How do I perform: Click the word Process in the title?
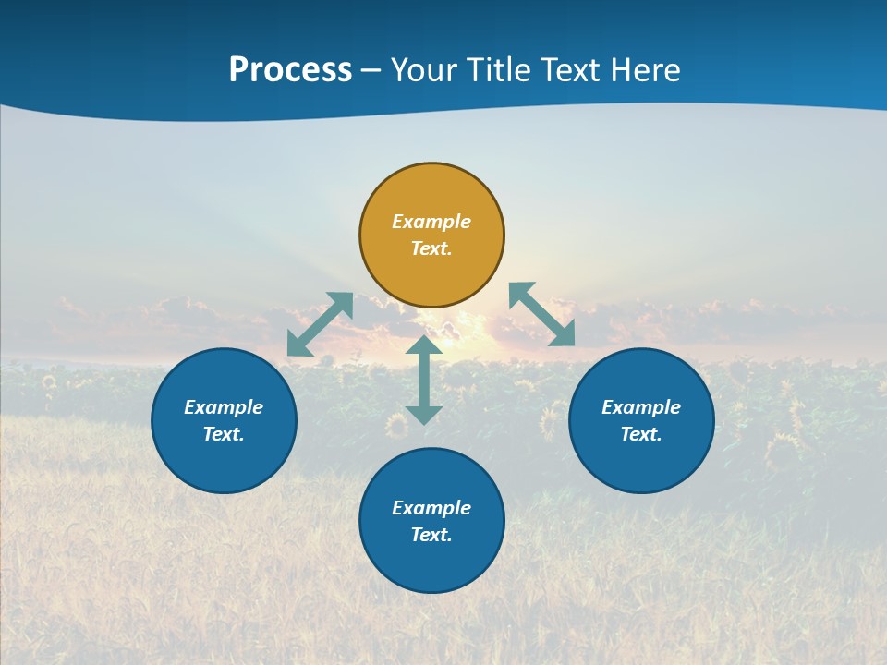(x=290, y=70)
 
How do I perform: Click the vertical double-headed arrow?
(x=424, y=381)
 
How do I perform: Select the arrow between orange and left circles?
(x=320, y=324)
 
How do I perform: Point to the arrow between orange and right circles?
(x=542, y=314)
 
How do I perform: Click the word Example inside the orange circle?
(x=431, y=222)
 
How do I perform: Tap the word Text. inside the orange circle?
(x=431, y=248)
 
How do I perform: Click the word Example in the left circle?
(x=224, y=407)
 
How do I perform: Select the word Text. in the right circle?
(x=641, y=434)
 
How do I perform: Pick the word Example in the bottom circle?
(x=431, y=508)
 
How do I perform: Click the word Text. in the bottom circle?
(x=431, y=535)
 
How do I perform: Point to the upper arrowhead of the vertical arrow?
(x=424, y=345)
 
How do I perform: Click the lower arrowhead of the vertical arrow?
(x=424, y=415)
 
